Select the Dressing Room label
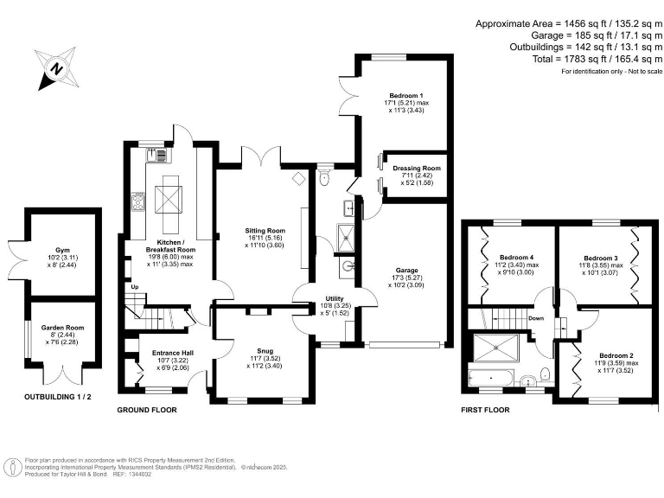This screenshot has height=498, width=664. [417, 168]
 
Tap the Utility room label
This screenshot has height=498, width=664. [311, 298]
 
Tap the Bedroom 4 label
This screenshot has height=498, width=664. [517, 257]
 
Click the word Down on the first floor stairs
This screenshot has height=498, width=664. [536, 317]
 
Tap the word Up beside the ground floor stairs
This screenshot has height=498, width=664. [134, 286]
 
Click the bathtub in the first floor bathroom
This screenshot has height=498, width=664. [490, 377]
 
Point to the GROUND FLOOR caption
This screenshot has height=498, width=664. [147, 410]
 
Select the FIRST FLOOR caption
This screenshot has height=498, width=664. [484, 410]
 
